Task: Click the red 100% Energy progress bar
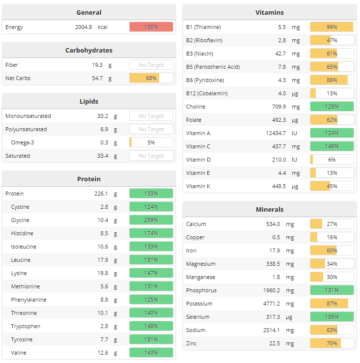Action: click(x=151, y=27)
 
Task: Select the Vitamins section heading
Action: click(x=270, y=12)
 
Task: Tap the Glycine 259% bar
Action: click(x=151, y=220)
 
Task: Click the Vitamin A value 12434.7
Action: click(x=275, y=133)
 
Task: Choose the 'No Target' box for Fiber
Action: click(x=151, y=65)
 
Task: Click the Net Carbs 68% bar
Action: click(x=151, y=78)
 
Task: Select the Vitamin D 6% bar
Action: click(x=332, y=160)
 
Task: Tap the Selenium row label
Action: click(x=197, y=317)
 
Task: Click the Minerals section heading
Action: click(x=270, y=209)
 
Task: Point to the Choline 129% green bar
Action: click(x=332, y=107)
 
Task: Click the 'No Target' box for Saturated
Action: click(x=151, y=156)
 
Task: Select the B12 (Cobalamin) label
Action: click(x=207, y=93)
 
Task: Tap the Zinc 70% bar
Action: click(x=332, y=343)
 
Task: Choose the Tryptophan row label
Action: click(x=26, y=326)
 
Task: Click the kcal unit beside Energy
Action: click(x=103, y=27)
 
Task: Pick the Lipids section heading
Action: click(x=89, y=101)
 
